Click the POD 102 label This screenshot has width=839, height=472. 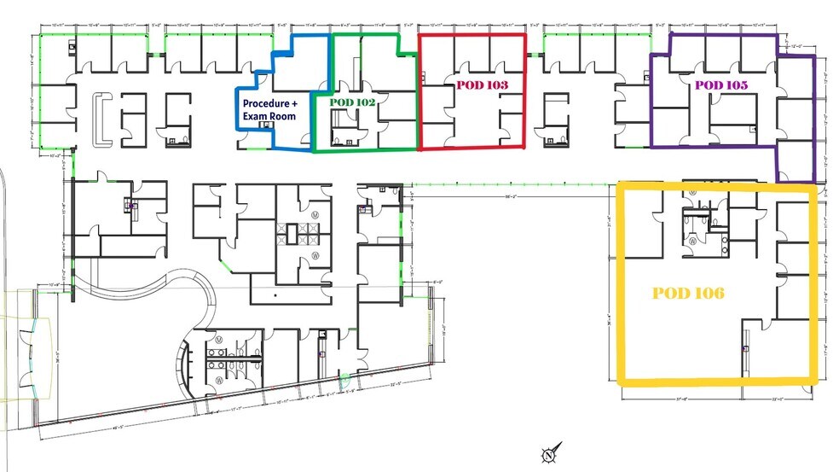352,101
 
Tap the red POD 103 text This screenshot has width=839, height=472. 482,85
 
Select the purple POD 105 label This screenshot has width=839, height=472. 720,84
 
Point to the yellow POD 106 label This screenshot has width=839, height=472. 688,293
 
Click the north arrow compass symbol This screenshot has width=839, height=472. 549,453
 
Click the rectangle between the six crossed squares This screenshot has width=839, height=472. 301,230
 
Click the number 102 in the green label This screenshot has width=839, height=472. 365,101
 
